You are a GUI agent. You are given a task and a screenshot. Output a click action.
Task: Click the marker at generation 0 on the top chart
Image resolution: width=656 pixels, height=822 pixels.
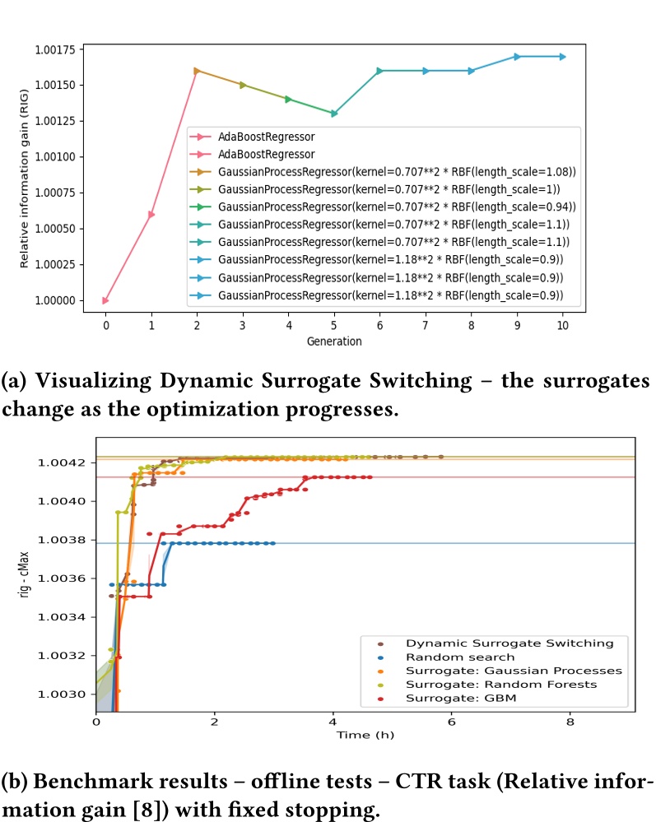tap(105, 301)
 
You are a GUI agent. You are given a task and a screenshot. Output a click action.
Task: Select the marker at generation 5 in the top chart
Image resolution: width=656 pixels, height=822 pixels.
tap(333, 114)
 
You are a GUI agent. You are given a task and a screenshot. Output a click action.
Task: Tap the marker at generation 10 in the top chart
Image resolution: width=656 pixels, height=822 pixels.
tap(562, 57)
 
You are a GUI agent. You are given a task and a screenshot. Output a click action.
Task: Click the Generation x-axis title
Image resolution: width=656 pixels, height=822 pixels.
tap(334, 341)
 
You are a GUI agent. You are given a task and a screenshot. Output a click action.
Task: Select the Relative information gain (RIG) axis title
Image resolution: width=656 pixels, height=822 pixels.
tap(26, 179)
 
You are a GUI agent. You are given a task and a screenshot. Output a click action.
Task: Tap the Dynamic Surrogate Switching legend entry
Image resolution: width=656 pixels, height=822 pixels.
tap(509, 643)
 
